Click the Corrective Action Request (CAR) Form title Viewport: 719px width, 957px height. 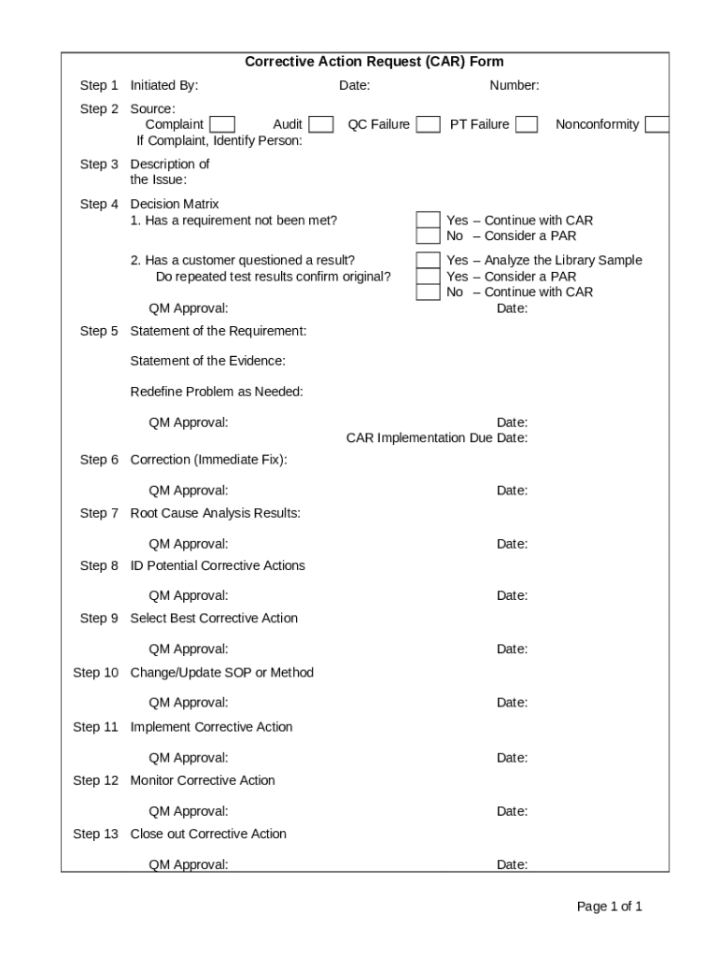[x=374, y=62]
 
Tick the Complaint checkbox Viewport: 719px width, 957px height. [x=222, y=124]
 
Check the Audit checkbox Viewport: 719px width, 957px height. [x=321, y=124]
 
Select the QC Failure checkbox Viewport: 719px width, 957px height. [x=429, y=124]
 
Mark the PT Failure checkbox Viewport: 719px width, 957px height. [x=527, y=124]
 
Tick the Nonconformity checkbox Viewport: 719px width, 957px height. [x=657, y=124]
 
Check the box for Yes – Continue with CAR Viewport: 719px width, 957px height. [x=428, y=221]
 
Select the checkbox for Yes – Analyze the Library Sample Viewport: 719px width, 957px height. [x=428, y=261]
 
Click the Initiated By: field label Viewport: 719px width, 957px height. [x=164, y=86]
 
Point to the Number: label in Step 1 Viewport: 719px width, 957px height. [x=515, y=86]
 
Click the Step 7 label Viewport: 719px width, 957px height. [x=99, y=513]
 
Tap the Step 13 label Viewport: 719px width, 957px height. [x=95, y=834]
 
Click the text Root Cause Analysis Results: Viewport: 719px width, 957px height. [x=215, y=513]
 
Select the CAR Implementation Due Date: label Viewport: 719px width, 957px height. [x=437, y=438]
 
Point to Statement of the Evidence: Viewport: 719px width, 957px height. [x=207, y=361]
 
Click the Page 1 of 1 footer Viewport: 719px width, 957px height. [x=609, y=907]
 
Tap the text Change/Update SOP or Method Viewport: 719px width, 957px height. [x=221, y=673]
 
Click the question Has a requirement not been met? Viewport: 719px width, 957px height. [x=233, y=221]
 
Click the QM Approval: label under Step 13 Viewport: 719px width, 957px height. [x=188, y=864]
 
